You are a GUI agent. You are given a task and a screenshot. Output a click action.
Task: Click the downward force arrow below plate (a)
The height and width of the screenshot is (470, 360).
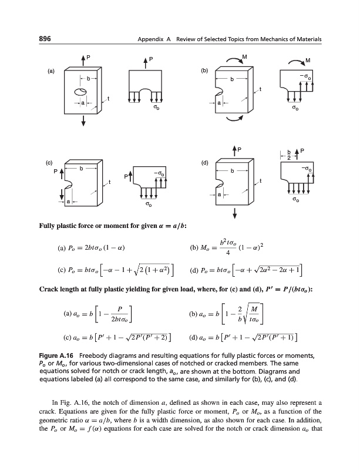84,120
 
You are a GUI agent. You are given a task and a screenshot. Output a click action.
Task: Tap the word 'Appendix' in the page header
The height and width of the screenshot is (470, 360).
149,39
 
